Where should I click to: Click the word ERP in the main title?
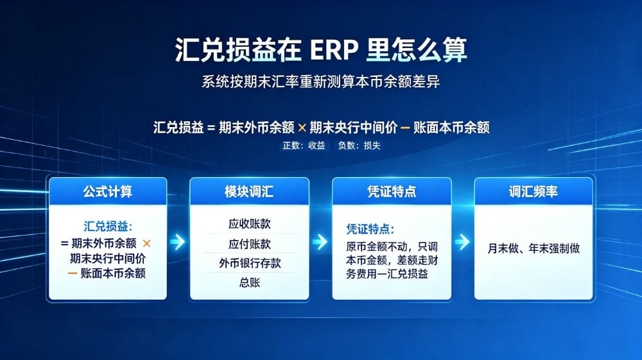[334, 50]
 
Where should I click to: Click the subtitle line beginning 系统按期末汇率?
[320, 81]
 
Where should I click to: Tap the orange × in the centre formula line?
[302, 128]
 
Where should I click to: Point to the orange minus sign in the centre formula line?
[405, 128]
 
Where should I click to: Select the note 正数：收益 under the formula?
[304, 146]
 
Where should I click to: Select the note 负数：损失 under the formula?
[359, 146]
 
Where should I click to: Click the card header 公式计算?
[108, 191]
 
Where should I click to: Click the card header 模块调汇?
[249, 191]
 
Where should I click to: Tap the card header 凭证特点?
[392, 191]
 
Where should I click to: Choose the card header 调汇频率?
[533, 191]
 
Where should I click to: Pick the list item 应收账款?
[249, 224]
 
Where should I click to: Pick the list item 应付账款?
[249, 244]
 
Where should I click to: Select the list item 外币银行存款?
[250, 263]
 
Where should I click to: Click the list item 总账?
[249, 282]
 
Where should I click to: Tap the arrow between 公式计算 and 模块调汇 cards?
[178, 242]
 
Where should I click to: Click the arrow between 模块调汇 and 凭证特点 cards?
[320, 242]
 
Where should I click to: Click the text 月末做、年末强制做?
[534, 248]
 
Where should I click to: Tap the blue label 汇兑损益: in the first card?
[108, 227]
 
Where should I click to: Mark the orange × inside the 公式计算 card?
[146, 243]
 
